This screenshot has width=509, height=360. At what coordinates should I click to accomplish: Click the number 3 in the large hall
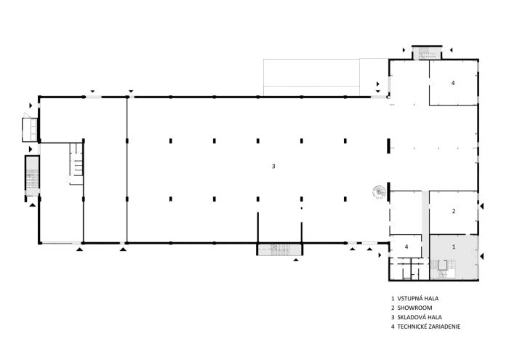[273, 167]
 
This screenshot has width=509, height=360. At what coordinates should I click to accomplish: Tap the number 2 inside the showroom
[453, 211]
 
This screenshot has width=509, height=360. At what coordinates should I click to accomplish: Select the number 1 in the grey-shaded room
[454, 247]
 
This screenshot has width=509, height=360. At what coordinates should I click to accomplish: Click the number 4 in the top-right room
[452, 84]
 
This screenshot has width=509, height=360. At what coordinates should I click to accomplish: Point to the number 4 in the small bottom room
[406, 247]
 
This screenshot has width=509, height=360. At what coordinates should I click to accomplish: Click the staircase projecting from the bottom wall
[274, 249]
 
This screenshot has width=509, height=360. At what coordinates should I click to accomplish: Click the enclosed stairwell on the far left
[32, 177]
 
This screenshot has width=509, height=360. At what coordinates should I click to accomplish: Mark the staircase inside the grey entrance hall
[444, 267]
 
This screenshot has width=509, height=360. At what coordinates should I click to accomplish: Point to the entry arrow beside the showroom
[481, 208]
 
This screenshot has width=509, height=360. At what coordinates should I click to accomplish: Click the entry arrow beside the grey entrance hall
[481, 255]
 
